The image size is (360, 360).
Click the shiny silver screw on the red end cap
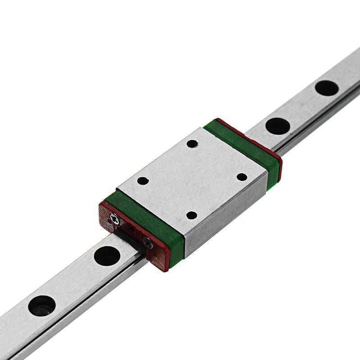[x=115, y=219]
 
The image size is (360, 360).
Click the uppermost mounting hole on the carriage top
[x=192, y=144]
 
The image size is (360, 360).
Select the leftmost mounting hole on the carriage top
[x=143, y=181]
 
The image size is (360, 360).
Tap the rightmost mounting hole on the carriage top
[x=242, y=177]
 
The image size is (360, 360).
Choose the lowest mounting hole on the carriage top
[x=192, y=215]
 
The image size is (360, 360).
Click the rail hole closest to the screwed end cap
[x=107, y=256]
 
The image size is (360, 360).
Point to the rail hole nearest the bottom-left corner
[x=42, y=306]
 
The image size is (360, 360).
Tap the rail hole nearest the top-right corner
[x=327, y=88]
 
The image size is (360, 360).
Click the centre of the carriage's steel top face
[x=192, y=179]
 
